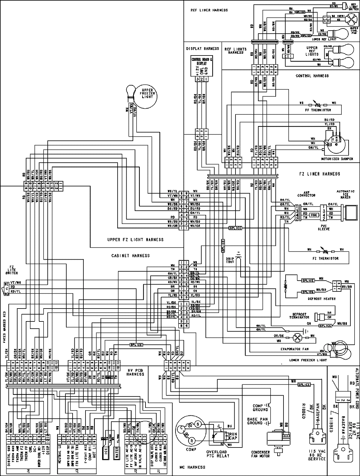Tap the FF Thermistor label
(x=318, y=110)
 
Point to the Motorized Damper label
(x=337, y=159)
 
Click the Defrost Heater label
(x=319, y=299)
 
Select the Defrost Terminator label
(x=299, y=316)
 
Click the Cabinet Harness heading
(x=130, y=256)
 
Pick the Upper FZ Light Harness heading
(x=135, y=240)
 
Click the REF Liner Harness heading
(x=209, y=10)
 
